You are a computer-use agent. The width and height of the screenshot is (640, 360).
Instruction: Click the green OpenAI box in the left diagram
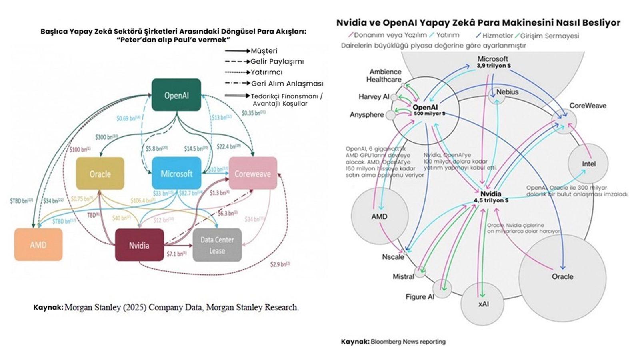pyautogui.click(x=176, y=95)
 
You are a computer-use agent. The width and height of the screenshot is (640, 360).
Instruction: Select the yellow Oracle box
pyautogui.click(x=100, y=174)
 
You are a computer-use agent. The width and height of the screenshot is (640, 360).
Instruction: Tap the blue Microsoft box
pyautogui.click(x=176, y=174)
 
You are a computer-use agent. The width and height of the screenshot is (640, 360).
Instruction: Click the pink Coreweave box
pyautogui.click(x=252, y=174)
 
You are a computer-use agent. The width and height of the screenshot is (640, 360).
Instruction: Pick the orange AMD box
pyautogui.click(x=38, y=244)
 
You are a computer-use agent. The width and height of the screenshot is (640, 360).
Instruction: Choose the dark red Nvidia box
pyautogui.click(x=139, y=245)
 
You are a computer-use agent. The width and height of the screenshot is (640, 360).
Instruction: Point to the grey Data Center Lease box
pyautogui.click(x=217, y=245)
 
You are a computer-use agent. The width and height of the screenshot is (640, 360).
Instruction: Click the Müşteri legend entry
pyautogui.click(x=264, y=51)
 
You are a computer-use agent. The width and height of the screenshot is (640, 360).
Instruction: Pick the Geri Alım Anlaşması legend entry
pyautogui.click(x=287, y=84)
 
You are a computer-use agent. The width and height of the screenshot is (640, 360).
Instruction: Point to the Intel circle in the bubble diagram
pyautogui.click(x=588, y=164)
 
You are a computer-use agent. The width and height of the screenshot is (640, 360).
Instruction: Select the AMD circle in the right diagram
pyautogui.click(x=379, y=216)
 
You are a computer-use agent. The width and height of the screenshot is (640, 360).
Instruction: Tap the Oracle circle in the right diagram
pyautogui.click(x=562, y=276)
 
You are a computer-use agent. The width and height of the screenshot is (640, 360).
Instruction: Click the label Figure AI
pyautogui.click(x=420, y=297)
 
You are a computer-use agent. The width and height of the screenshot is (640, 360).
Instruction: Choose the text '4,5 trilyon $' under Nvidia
pyautogui.click(x=491, y=200)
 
